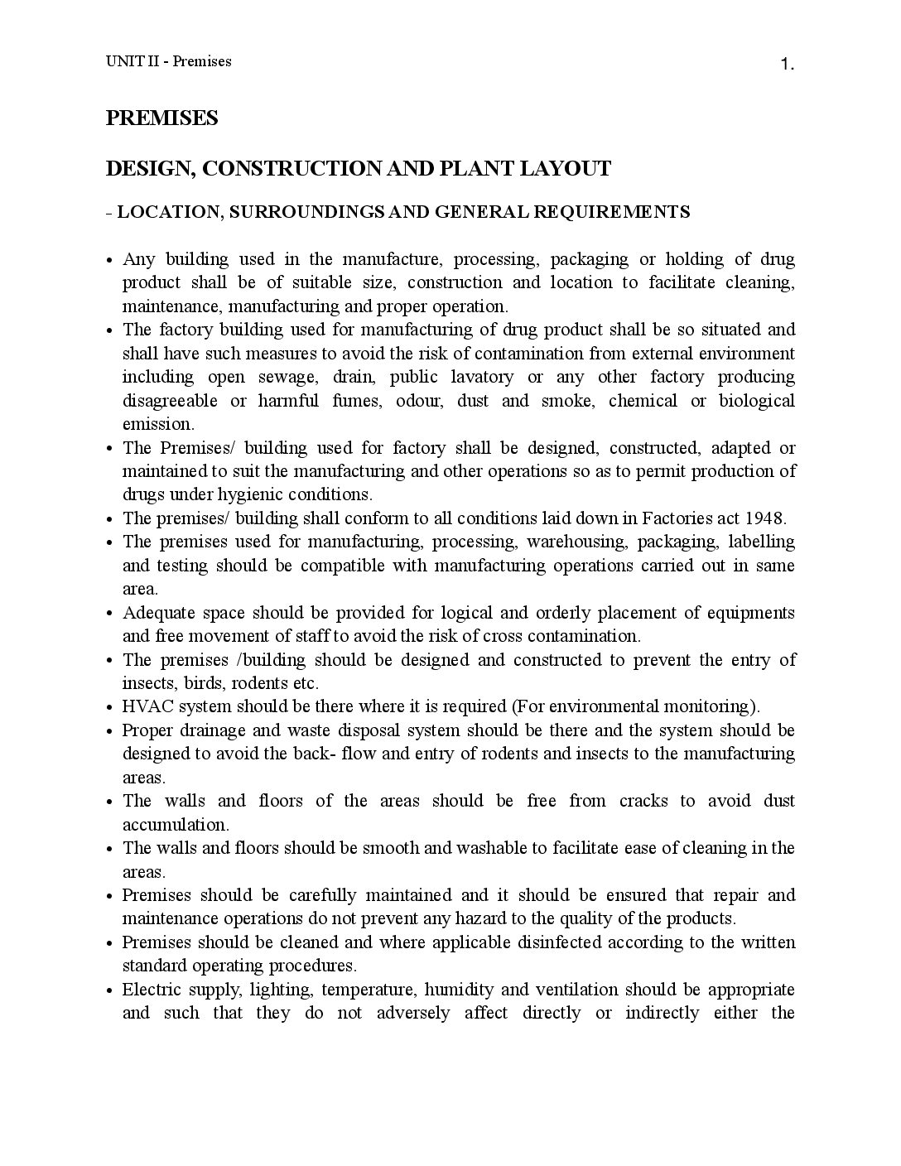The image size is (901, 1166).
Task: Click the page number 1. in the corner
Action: [787, 65]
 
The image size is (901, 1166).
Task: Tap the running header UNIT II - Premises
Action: [168, 61]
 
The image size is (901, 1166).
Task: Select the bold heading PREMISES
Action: [162, 118]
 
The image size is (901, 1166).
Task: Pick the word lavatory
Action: [481, 378]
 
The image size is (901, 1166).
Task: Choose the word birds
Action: [205, 684]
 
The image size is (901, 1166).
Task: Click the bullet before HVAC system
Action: [111, 708]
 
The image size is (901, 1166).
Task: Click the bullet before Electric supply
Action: [111, 991]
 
